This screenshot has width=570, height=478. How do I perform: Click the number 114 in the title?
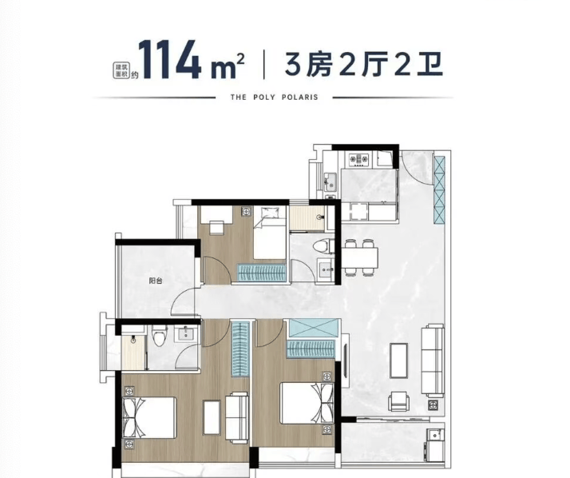click(169, 59)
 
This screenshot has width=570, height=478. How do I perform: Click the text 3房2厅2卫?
click(363, 64)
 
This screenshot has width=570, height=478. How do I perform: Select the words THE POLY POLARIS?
click(275, 98)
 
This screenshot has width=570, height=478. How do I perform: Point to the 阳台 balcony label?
click(156, 281)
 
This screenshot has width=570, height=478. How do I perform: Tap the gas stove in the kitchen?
click(358, 159)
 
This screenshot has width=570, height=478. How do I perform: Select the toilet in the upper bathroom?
click(323, 245)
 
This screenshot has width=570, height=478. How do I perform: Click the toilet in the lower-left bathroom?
click(159, 335)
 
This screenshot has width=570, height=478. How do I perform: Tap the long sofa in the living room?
click(433, 360)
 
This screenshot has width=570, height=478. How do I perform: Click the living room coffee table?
click(399, 360)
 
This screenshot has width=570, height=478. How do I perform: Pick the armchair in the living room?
click(398, 400)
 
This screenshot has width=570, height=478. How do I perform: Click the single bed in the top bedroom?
click(269, 233)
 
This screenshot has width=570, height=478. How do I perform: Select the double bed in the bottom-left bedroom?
click(150, 417)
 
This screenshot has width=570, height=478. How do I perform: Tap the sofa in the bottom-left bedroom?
click(236, 417)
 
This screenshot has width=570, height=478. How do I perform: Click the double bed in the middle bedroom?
click(307, 403)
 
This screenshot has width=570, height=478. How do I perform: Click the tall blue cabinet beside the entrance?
click(439, 189)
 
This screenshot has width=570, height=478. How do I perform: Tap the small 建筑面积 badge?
click(121, 70)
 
